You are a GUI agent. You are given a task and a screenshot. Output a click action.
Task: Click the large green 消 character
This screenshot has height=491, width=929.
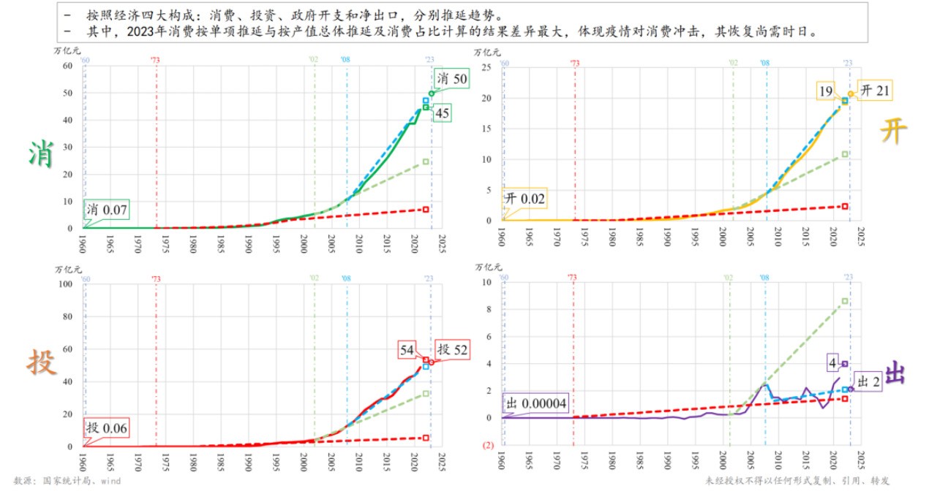(x=40, y=154)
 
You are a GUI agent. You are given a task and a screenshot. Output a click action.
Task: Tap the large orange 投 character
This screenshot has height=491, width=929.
(x=42, y=362)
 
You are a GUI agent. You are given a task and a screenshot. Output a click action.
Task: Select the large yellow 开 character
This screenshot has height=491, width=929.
(x=892, y=133)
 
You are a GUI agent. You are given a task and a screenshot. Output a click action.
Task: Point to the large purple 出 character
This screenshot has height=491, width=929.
(x=895, y=373)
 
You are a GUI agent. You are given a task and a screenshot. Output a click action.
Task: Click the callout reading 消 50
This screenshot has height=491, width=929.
(x=452, y=79)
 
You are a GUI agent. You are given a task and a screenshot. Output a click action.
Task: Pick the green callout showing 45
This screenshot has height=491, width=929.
(x=442, y=113)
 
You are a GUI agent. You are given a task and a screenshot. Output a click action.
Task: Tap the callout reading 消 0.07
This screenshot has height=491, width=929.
(x=107, y=210)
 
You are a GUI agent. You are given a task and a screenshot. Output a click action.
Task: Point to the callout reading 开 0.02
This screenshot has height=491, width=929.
(x=524, y=199)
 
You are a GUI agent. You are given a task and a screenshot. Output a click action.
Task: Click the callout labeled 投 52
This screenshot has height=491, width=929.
(x=452, y=350)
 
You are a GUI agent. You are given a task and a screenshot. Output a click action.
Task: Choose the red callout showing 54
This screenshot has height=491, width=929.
(x=407, y=350)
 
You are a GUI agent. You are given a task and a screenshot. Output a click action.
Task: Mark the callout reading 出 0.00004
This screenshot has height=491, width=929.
(x=535, y=403)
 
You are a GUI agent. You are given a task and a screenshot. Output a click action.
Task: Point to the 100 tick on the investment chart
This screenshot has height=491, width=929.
(x=65, y=283)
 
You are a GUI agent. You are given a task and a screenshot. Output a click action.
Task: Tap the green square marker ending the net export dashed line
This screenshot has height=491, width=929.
(x=845, y=301)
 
